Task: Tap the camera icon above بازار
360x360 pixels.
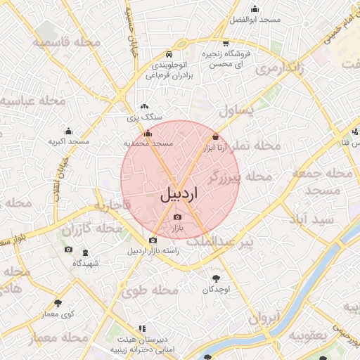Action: point(177,217)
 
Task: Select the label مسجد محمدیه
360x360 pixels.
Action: point(148,143)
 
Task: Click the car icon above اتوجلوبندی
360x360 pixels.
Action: point(168,54)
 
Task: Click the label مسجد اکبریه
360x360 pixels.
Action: point(68,141)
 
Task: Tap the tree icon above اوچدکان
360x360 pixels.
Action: point(214,278)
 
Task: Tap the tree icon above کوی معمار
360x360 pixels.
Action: point(58,303)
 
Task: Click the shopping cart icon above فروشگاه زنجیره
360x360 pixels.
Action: point(224,43)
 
